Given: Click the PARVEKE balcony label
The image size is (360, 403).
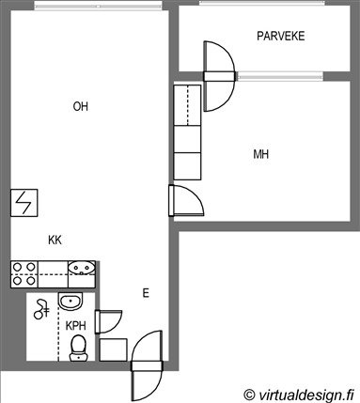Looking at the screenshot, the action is click(280, 36).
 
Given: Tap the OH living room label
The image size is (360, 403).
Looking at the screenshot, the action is click(81, 106).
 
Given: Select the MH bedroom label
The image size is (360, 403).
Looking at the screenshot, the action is click(260, 154).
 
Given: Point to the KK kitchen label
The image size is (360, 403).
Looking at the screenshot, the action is click(55, 240).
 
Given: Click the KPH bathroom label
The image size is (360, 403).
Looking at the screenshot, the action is click(75, 326).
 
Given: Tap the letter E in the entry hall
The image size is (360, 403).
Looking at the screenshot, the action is click(146, 293).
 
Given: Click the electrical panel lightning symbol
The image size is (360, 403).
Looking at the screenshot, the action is click(24, 203).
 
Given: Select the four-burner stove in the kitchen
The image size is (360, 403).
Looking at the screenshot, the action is click(24, 274).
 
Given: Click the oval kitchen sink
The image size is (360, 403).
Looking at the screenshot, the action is click(82, 268).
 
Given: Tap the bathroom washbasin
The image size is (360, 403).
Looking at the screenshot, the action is click(70, 302).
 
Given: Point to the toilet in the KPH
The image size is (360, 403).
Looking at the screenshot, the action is click(78, 348).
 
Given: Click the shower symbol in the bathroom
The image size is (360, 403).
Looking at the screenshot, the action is click(41, 309).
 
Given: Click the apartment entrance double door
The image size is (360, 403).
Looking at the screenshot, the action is click(147, 365).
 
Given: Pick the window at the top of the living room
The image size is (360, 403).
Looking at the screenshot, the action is click(98, 6).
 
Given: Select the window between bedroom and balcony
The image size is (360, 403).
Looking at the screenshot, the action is click(280, 76).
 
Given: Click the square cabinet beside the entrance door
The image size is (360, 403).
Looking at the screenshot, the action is click(113, 349).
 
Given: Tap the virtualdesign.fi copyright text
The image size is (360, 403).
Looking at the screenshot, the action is click(300, 394).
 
